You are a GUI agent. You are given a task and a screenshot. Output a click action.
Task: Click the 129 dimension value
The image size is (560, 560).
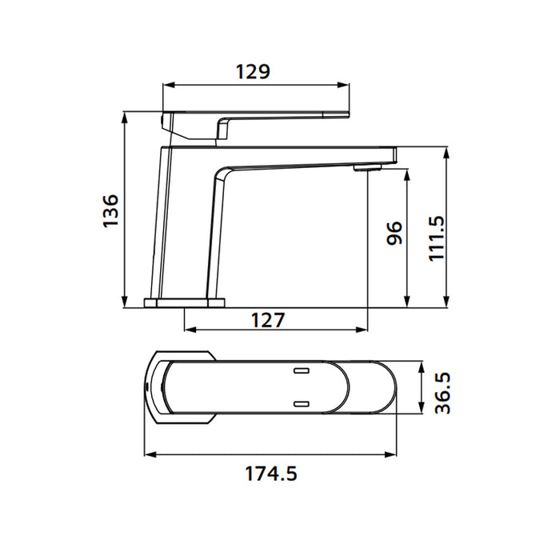(253, 71)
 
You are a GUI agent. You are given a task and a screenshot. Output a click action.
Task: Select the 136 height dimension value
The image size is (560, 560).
(111, 210)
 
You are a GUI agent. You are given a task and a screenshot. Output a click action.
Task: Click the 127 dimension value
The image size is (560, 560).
(268, 320)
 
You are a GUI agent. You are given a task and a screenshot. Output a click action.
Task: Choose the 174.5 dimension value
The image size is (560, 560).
(270, 474)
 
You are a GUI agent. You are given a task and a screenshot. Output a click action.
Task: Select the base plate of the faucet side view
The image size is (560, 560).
(185, 302)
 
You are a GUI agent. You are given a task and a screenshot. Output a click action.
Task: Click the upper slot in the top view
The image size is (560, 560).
(302, 371)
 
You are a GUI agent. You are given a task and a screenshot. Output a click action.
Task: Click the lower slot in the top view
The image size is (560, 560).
(302, 404)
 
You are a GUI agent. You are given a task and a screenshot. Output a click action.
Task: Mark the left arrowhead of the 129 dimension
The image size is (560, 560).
(167, 84)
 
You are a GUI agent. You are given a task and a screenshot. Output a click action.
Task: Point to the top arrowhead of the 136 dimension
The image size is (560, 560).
(125, 115)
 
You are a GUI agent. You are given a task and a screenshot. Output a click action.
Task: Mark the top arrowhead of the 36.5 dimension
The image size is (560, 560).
(422, 365)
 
